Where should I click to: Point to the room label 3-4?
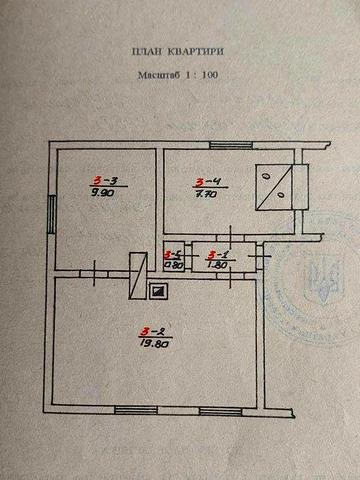[x=208, y=181]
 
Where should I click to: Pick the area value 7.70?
[x=208, y=193]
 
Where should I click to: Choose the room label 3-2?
[x=153, y=331]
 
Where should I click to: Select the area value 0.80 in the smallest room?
[x=172, y=265]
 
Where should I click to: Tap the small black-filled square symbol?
[x=157, y=291]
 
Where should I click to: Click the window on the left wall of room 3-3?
[x=54, y=212]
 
